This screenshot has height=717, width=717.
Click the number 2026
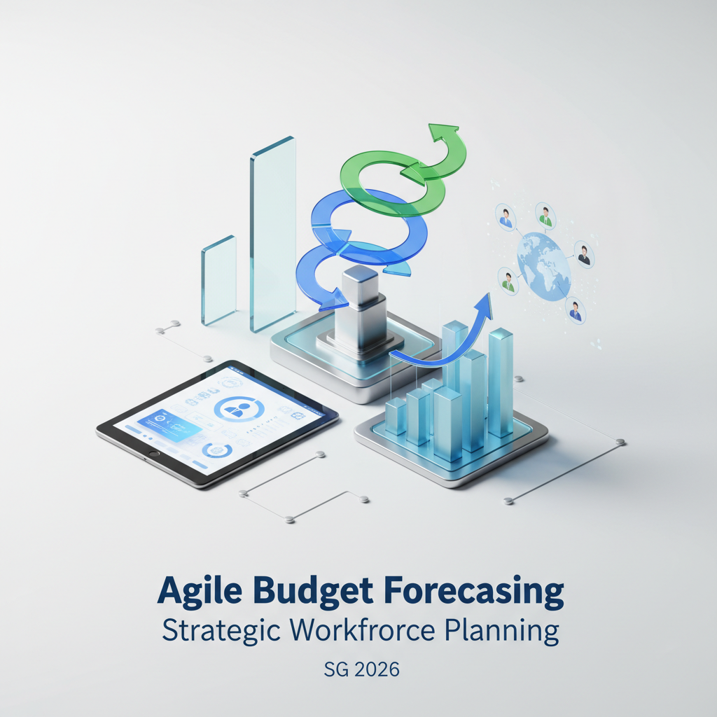377,669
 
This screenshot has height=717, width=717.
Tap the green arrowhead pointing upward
443,130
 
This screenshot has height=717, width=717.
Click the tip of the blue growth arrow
489,293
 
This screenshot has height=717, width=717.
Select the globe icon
543,267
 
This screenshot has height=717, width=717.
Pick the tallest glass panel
273,234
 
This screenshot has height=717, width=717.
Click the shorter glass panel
218,280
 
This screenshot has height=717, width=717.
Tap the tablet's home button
154,454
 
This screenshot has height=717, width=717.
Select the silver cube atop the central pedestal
361,285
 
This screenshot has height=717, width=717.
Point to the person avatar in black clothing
584,255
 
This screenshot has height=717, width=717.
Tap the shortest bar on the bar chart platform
396,416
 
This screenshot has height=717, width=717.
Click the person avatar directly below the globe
576,310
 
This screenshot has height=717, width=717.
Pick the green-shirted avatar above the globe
545,216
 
